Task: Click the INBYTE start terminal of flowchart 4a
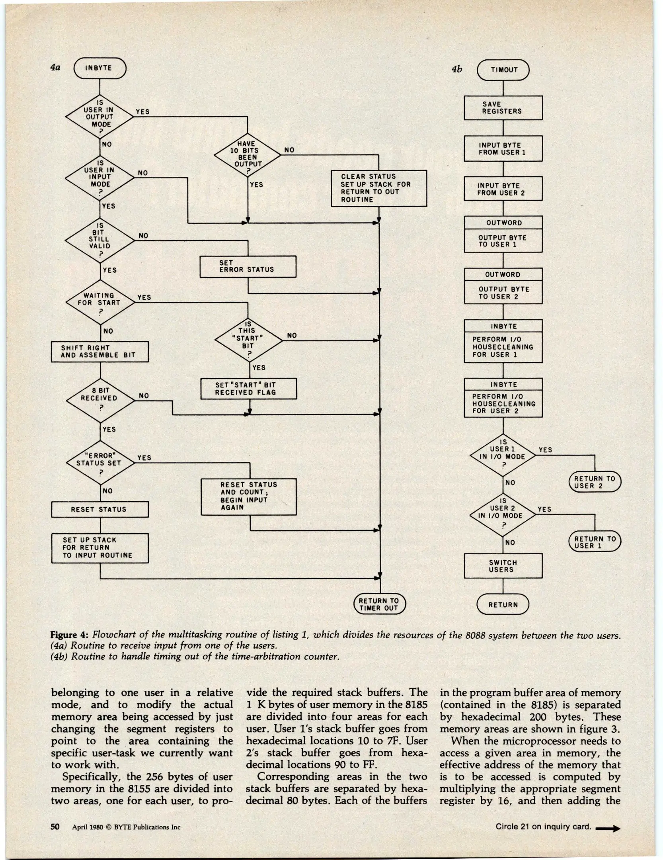pyautogui.click(x=99, y=68)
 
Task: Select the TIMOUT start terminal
pyautogui.click(x=503, y=70)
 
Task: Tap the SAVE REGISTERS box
pyautogui.click(x=503, y=108)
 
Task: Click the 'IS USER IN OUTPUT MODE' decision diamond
pyautogui.click(x=99, y=116)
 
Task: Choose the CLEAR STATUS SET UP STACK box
pyautogui.click(x=378, y=188)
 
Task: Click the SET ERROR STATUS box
pyautogui.click(x=248, y=266)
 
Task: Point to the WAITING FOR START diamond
pyautogui.click(x=99, y=302)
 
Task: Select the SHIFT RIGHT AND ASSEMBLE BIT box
pyautogui.click(x=99, y=352)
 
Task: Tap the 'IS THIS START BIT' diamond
pyautogui.click(x=248, y=340)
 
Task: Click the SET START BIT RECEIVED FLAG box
pyautogui.click(x=249, y=389)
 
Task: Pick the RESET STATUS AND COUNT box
pyautogui.click(x=249, y=496)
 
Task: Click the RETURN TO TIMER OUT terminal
pyautogui.click(x=379, y=604)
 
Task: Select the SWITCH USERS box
pyautogui.click(x=503, y=566)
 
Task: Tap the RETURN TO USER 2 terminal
pyautogui.click(x=595, y=482)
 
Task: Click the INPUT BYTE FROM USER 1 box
pyautogui.click(x=503, y=149)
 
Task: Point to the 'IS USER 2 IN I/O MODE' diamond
pyautogui.click(x=503, y=514)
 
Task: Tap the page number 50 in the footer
pyautogui.click(x=55, y=827)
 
